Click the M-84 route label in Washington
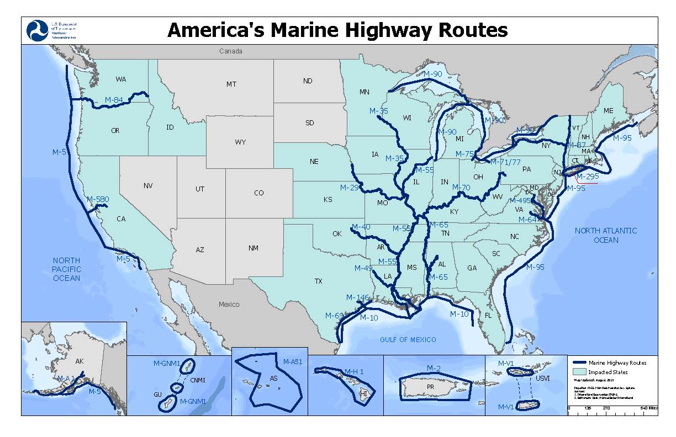point(114,100)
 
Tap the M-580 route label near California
point(98,199)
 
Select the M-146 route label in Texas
point(357,298)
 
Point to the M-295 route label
point(587,177)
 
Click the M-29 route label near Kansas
point(350,188)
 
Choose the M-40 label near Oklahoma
point(361,227)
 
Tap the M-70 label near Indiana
point(461,188)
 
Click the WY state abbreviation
point(240,142)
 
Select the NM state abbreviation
point(253,248)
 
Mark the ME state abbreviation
point(608,111)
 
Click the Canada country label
point(230,51)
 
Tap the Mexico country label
point(229,304)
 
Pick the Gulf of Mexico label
point(408,340)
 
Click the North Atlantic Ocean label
point(605,235)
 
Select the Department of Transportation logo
point(36,30)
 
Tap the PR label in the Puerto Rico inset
point(431,387)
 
